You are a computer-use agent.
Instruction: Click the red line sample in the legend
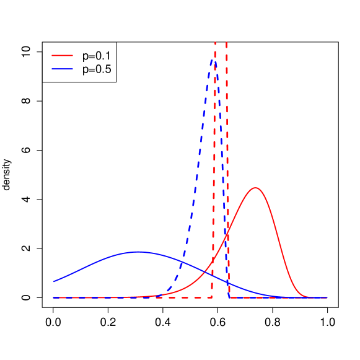(x=62, y=55)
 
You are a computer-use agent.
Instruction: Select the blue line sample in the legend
(x=62, y=68)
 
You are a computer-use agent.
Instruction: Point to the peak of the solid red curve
(x=255, y=188)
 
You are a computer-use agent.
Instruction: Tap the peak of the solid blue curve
(x=138, y=252)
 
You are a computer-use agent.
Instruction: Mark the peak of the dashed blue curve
(x=213, y=59)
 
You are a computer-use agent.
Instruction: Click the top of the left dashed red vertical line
(x=215, y=42)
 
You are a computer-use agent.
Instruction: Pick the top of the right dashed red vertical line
(x=226, y=42)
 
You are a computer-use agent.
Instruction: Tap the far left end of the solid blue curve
(x=53, y=282)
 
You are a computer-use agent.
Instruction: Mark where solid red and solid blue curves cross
(x=206, y=269)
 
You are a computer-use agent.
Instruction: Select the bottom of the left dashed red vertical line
(x=213, y=297)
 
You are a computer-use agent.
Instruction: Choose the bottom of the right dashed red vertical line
(x=229, y=297)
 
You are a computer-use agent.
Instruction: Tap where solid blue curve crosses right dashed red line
(x=228, y=282)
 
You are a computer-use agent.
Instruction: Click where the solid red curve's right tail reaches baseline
(x=310, y=297)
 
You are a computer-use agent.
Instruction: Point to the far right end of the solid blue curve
(x=327, y=297)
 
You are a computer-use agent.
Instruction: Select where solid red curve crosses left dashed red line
(x=213, y=260)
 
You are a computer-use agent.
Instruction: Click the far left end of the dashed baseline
(x=53, y=297)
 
